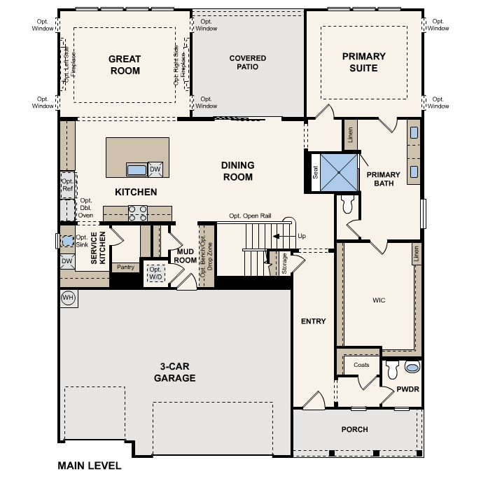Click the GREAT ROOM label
pyautogui.click(x=125, y=64)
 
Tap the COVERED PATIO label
pyautogui.click(x=248, y=62)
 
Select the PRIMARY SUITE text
pyautogui.click(x=364, y=62)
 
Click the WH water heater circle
pyautogui.click(x=68, y=298)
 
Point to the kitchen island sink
pyautogui.click(x=137, y=169)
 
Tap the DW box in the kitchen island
pyautogui.click(x=155, y=169)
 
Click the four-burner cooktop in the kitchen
pyautogui.click(x=137, y=214)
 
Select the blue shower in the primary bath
pyautogui.click(x=339, y=173)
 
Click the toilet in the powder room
pyautogui.click(x=392, y=370)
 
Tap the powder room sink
pyautogui.click(x=412, y=367)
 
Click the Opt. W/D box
pyautogui.click(x=155, y=273)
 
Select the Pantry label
pyautogui.click(x=125, y=267)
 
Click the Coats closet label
pyautogui.click(x=361, y=365)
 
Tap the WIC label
pyautogui.click(x=379, y=300)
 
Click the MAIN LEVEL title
pyautogui.click(x=89, y=466)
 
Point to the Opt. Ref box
pyautogui.click(x=68, y=185)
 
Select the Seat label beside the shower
pyautogui.click(x=315, y=172)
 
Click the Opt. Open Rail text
pyautogui.click(x=250, y=216)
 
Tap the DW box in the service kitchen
pyautogui.click(x=67, y=261)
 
